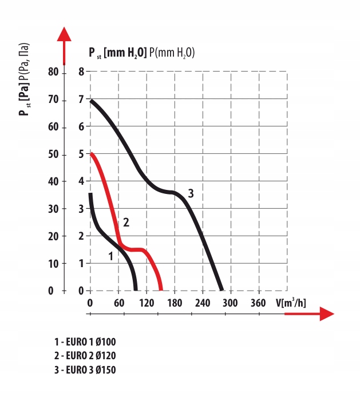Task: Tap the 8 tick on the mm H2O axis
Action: (x=81, y=72)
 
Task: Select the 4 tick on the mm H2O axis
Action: (x=81, y=181)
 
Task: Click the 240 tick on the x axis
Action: (x=202, y=303)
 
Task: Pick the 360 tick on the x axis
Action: (x=258, y=303)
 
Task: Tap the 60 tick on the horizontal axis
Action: (x=118, y=303)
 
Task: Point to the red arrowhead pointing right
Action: (x=326, y=313)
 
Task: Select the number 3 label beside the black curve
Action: (x=191, y=194)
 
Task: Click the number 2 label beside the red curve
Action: (x=126, y=222)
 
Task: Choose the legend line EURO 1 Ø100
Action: (x=85, y=342)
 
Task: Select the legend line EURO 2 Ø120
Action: (x=85, y=355)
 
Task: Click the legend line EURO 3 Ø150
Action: (x=85, y=369)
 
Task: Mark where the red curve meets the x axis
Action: (x=161, y=289)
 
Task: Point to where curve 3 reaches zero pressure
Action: (x=221, y=289)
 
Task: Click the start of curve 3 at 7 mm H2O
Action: (x=91, y=101)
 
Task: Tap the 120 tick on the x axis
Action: (x=147, y=303)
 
